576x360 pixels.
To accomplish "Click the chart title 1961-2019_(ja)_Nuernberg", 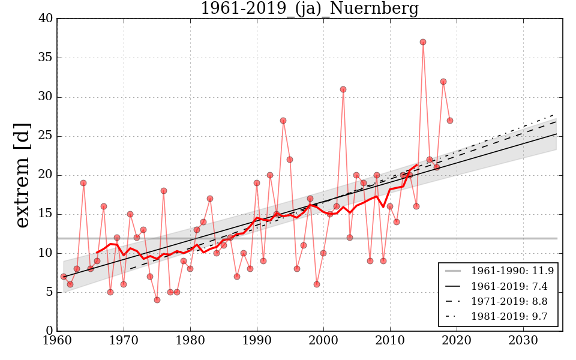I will [309, 8].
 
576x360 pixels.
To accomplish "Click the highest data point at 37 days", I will [423, 42].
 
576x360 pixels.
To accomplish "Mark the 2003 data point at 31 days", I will [343, 89].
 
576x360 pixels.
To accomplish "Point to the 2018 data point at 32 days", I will [443, 82].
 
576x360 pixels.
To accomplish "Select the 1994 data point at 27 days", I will [283, 121].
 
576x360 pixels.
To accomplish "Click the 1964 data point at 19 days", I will [83, 183].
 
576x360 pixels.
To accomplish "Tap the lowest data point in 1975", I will [157, 300].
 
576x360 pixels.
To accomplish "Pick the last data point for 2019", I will [450, 121].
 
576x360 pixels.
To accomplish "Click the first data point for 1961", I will [64, 277].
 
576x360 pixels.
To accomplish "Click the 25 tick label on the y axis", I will [46, 136].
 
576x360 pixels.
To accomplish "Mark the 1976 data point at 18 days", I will [164, 191].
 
